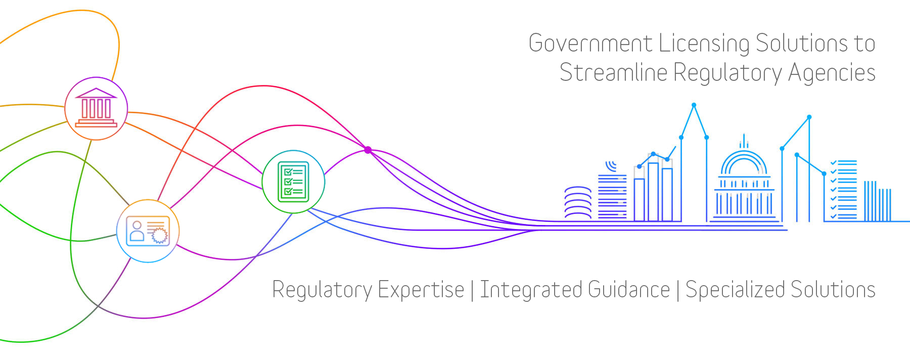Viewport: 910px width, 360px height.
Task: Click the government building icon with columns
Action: click(96, 108)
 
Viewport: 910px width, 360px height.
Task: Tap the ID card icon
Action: click(148, 231)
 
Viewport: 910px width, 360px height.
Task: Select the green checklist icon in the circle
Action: click(293, 182)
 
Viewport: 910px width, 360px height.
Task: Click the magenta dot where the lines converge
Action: click(368, 150)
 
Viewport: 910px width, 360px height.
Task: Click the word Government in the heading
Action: click(590, 43)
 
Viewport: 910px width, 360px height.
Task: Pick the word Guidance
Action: click(629, 290)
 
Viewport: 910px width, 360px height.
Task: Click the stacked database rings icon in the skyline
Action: click(577, 203)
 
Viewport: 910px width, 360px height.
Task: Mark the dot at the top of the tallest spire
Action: click(694, 105)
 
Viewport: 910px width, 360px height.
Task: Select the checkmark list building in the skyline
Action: click(844, 190)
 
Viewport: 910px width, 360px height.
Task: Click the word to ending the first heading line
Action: click(865, 43)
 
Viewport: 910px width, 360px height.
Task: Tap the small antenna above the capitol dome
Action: click(744, 141)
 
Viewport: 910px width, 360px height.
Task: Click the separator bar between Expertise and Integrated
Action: click(472, 290)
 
